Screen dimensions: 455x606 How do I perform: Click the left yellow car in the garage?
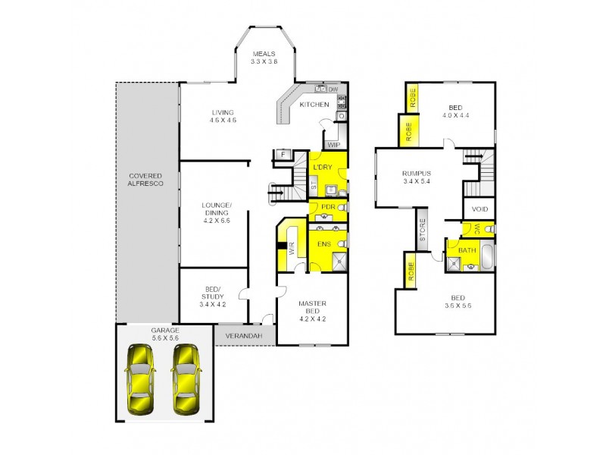click(141, 378)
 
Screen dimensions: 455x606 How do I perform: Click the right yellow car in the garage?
click(186, 378)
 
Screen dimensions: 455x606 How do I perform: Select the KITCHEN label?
click(313, 105)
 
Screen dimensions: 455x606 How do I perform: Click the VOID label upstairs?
click(479, 209)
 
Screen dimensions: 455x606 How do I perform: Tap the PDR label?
click(328, 207)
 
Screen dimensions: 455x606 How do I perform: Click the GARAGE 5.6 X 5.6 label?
click(164, 334)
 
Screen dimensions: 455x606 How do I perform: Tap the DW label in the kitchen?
click(332, 89)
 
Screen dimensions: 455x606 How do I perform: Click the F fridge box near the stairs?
click(283, 155)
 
